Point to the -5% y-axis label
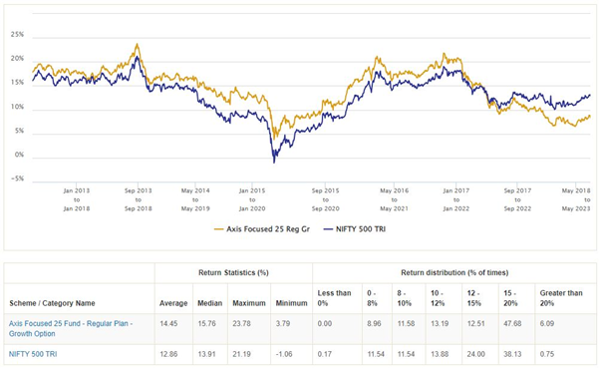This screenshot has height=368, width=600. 17,181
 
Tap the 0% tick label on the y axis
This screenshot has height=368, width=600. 19,157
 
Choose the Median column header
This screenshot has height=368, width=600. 209,302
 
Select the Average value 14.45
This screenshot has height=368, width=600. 173,324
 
